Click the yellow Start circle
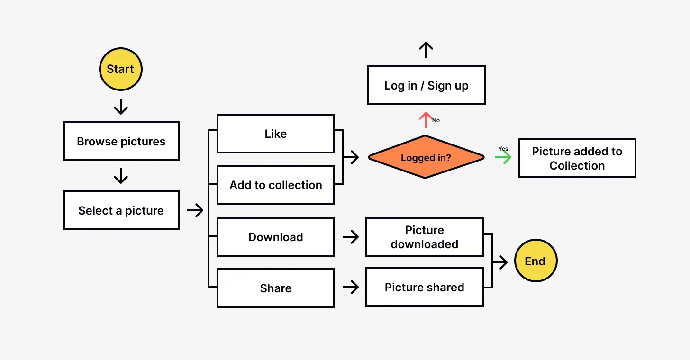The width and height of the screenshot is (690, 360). point(120,69)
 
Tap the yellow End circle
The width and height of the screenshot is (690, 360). point(536,261)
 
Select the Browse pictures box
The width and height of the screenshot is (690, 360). point(121,141)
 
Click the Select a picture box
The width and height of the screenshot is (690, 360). point(121,211)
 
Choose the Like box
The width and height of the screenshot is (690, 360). point(276,134)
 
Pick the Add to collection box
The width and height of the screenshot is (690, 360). point(276,185)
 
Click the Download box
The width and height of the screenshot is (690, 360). point(276,237)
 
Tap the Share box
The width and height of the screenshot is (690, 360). point(276,288)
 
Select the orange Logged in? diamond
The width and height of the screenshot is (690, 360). point(426,157)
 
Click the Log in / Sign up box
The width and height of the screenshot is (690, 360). point(426,85)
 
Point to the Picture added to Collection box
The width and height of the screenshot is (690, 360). point(577,158)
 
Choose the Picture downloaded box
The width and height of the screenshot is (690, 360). point(424,237)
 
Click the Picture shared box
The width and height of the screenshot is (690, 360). point(424,287)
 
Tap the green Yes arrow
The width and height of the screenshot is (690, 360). point(503,157)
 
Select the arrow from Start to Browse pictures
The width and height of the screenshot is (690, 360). point(121,107)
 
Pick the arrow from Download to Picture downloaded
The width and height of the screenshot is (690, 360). point(351,237)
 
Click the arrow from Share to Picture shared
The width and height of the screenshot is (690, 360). point(351,287)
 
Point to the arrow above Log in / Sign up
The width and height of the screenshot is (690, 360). point(426,50)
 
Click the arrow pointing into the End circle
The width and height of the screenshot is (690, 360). point(500,261)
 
